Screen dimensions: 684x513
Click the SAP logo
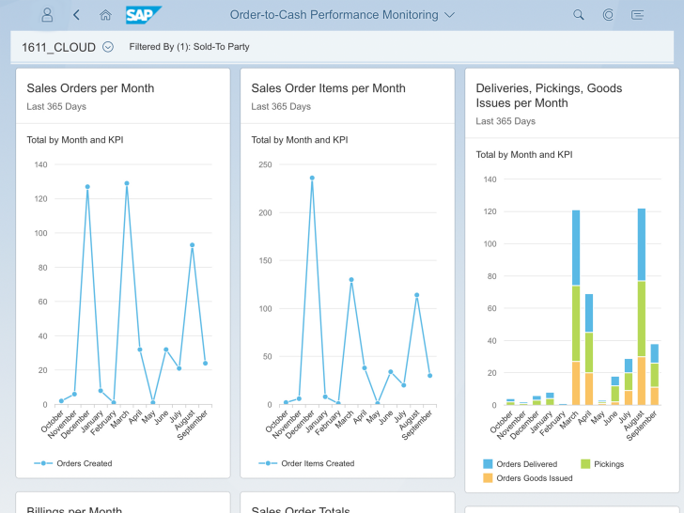(x=143, y=15)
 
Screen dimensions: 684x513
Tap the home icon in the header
(x=105, y=15)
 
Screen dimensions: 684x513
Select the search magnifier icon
(x=579, y=15)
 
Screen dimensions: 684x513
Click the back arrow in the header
(x=76, y=15)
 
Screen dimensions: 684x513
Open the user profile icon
(x=47, y=15)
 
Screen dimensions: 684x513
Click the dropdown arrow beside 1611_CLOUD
(x=108, y=47)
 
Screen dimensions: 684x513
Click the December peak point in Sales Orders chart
(x=87, y=187)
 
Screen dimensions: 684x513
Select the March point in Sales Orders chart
(x=127, y=183)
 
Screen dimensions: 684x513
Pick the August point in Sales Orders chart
(x=192, y=245)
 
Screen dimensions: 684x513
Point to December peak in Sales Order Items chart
(x=312, y=178)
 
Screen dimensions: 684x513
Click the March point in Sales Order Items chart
(x=351, y=280)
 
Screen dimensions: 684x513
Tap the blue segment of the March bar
(x=576, y=248)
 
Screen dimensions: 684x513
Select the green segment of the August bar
(x=641, y=319)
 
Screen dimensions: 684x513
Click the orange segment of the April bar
(x=589, y=389)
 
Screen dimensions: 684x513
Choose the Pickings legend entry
(x=602, y=464)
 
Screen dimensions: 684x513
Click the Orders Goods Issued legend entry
(x=527, y=478)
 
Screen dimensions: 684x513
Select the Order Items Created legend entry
(x=306, y=463)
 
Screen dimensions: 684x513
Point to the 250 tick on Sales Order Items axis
(x=265, y=164)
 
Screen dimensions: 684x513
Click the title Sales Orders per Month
(x=90, y=88)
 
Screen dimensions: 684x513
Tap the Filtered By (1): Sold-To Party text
(x=190, y=47)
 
